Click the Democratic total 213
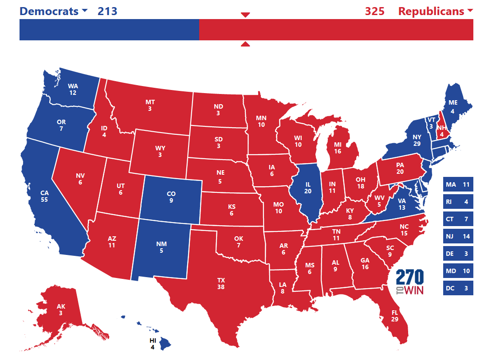[x=107, y=11]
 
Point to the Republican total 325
[x=374, y=11]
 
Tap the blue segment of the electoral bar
[x=109, y=30]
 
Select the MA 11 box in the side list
[x=458, y=184]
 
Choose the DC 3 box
[x=458, y=288]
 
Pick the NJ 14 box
[x=458, y=236]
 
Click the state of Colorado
[x=171, y=198]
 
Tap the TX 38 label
[x=221, y=284]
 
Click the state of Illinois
[x=306, y=188]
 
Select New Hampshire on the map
[x=441, y=129]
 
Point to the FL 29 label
[x=394, y=316]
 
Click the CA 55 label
[x=44, y=196]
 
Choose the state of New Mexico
[x=161, y=247]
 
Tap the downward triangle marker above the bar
[x=245, y=15]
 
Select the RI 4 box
[x=458, y=202]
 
